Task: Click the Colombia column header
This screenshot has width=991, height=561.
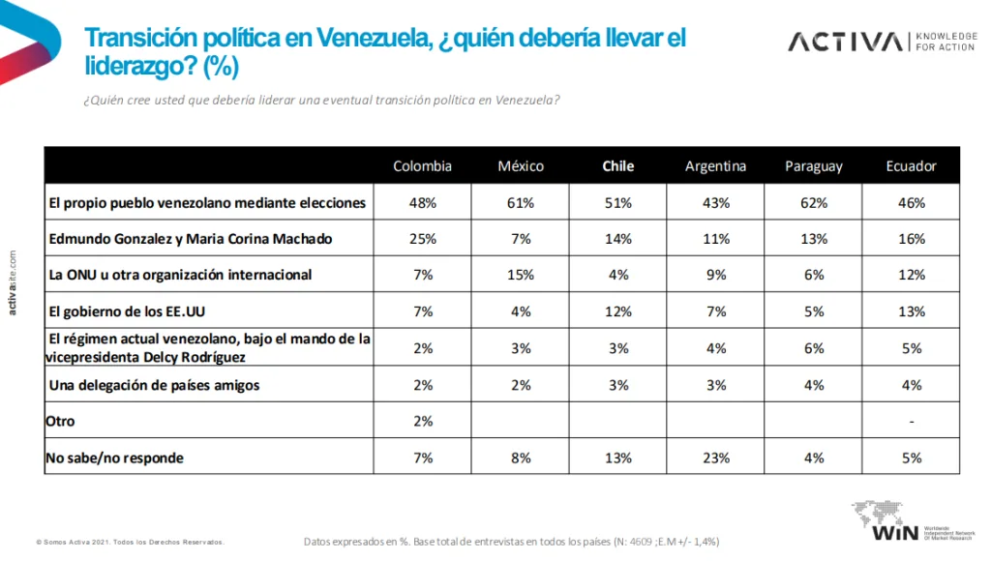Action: (422, 165)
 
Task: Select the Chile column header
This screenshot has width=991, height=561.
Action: (618, 165)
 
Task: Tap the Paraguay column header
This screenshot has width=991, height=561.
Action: (813, 165)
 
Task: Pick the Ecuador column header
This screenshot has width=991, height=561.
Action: (911, 165)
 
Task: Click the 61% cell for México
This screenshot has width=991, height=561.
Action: (521, 202)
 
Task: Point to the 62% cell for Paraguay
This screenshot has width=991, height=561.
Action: (813, 202)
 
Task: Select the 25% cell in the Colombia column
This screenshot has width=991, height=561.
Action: (422, 238)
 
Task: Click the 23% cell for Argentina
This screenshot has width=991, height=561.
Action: (715, 458)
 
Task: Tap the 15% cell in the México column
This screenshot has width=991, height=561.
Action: (521, 275)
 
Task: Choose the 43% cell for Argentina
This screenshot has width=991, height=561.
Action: (715, 202)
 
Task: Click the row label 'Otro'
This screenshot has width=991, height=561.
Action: (60, 422)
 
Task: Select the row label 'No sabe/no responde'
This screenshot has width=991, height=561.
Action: (114, 458)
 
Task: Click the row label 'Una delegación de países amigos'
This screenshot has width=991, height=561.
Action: (154, 385)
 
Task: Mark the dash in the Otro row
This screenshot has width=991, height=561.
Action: (911, 422)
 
